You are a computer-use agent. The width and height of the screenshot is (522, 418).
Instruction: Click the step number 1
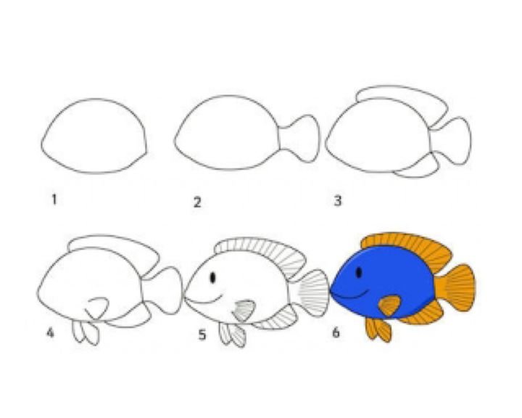[x=54, y=200]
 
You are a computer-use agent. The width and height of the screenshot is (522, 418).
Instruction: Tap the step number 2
[x=197, y=202]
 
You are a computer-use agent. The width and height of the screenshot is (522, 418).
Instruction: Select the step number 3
[x=338, y=201]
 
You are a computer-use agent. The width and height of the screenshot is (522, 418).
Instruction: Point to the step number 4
[x=50, y=332]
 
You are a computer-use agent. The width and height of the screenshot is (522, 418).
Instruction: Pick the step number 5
[x=202, y=335]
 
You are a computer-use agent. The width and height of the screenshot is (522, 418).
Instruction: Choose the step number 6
[x=336, y=332]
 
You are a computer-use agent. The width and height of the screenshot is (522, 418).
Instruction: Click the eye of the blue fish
[x=359, y=273]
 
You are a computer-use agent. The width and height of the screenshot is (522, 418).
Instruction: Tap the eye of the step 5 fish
[x=213, y=278]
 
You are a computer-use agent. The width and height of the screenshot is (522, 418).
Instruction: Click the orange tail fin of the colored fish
[x=455, y=287]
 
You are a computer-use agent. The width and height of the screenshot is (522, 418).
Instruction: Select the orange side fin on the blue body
[x=389, y=305]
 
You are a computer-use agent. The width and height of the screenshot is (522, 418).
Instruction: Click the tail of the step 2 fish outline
[x=299, y=139]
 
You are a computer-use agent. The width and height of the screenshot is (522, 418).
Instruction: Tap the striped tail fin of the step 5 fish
[x=314, y=292]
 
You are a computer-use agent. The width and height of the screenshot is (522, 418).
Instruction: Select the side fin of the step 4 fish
[x=97, y=308]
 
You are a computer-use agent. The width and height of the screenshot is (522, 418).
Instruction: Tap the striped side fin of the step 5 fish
[x=244, y=310]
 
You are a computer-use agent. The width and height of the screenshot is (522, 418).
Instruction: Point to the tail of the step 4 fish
[x=164, y=290]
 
